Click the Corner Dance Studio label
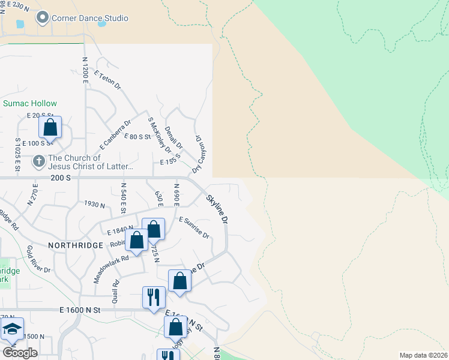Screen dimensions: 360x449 click(x=89, y=18)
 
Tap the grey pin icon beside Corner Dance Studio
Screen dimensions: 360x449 click(x=43, y=18)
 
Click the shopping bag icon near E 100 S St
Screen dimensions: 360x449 click(x=50, y=127)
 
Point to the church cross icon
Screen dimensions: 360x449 click(x=38, y=161)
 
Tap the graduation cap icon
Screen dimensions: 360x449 click(x=12, y=329)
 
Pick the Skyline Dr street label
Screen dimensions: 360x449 click(x=217, y=209)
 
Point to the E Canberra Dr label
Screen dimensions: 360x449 click(x=115, y=135)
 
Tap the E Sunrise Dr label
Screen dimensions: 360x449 click(x=194, y=227)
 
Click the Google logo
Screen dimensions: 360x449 click(x=20, y=352)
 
